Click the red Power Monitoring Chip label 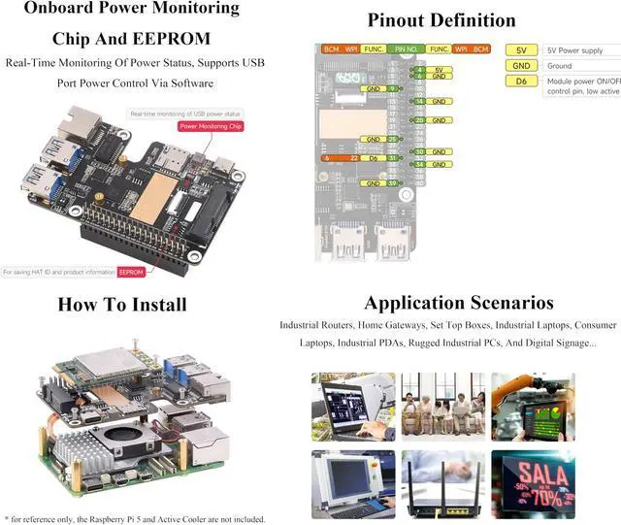coord(211,126)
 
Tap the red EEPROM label coord(131,273)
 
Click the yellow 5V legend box coord(521,49)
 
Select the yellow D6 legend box coord(521,82)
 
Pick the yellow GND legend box coord(521,66)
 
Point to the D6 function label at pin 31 coord(374,158)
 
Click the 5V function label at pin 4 coord(438,70)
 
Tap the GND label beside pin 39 coord(374,183)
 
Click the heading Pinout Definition coord(442,19)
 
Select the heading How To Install coord(122,304)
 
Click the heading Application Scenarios coord(459,303)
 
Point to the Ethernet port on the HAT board coord(73,131)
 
